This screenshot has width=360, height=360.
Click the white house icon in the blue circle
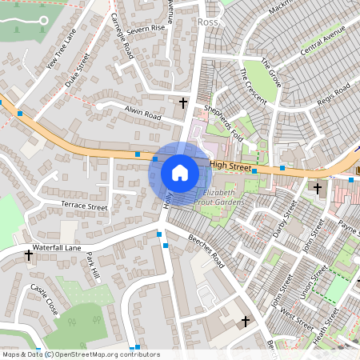click(180, 173)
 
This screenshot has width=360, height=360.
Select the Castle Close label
click(44, 298)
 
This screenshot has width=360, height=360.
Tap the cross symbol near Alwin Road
click(183, 102)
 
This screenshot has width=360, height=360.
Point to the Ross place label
click(207, 22)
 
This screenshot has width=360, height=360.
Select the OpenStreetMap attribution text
click(81, 354)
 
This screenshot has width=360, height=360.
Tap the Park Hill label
click(94, 266)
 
